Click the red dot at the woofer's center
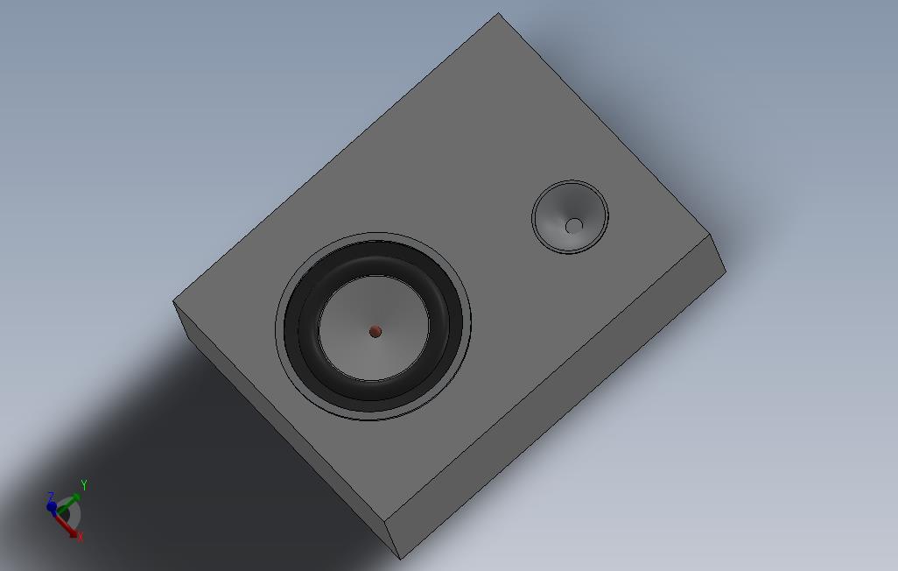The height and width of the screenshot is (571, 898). coord(375,331)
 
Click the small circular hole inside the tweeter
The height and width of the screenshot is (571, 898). coord(573,226)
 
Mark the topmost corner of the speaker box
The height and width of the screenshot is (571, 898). coord(499,13)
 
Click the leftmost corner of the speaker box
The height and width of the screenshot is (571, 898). coord(173,302)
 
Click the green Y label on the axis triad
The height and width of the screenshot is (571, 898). coord(84,484)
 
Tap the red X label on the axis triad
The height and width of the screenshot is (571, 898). coord(80,537)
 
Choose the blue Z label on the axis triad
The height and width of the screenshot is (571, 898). coord(52,497)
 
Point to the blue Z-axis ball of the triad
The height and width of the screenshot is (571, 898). coord(52,507)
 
